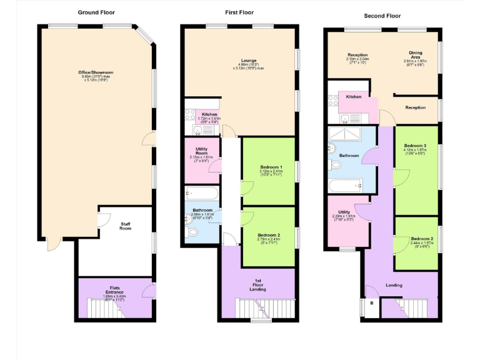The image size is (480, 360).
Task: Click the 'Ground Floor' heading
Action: pos(96,12)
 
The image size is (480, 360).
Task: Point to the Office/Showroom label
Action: pos(96,72)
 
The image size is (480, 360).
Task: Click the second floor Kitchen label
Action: pos(354,97)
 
